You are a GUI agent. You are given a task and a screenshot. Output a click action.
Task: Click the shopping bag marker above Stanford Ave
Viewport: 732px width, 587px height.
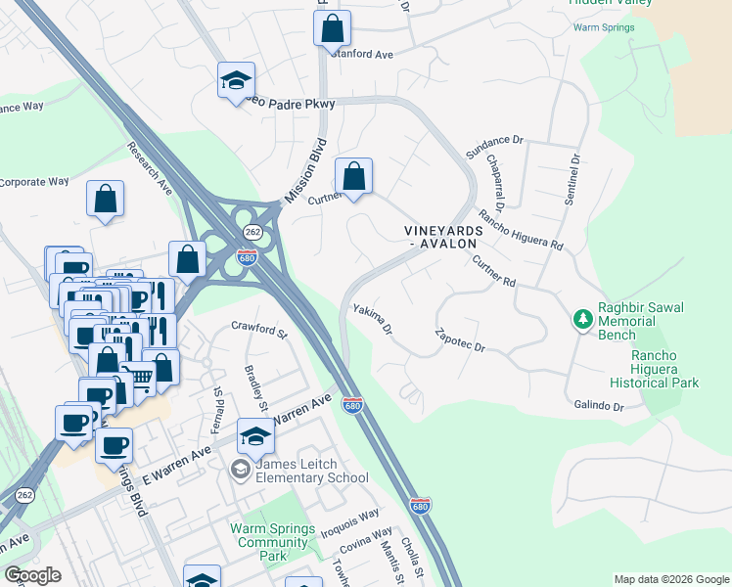tap(332, 27)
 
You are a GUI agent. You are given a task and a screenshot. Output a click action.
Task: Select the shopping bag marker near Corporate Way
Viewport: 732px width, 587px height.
tap(105, 199)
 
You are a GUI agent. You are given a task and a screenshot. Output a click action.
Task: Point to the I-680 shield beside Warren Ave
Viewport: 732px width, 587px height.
tap(353, 404)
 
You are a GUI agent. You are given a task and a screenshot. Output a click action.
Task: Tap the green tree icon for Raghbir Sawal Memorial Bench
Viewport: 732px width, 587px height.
tap(582, 319)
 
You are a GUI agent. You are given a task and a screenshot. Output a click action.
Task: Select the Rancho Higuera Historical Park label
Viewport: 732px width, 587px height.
tap(651, 369)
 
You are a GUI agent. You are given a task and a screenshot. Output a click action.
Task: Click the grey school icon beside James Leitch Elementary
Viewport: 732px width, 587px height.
tap(240, 471)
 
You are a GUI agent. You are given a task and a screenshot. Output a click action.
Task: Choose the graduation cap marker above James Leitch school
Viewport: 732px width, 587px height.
tap(254, 435)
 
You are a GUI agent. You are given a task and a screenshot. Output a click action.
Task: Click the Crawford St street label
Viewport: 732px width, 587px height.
tap(258, 330)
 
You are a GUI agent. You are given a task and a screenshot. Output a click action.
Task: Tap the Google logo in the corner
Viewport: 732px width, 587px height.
tap(33, 575)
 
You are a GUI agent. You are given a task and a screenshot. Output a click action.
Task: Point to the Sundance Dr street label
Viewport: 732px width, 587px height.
tap(495, 147)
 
